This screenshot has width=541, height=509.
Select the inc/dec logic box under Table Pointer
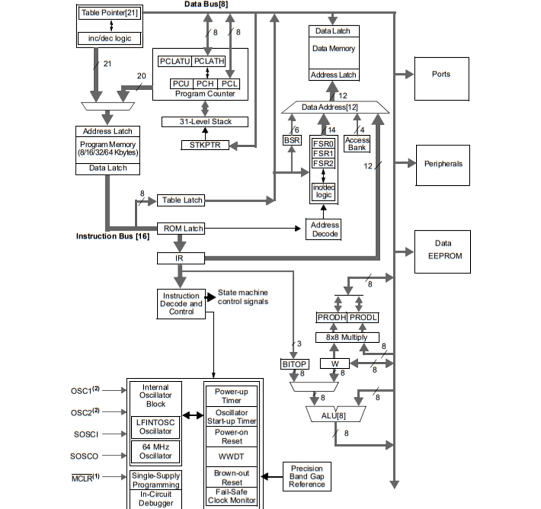(x=109, y=38)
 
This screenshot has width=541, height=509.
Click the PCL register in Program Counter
(x=229, y=84)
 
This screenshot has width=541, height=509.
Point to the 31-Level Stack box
(x=205, y=122)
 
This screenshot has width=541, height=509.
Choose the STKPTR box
(x=204, y=145)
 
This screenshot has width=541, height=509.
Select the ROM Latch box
(x=181, y=228)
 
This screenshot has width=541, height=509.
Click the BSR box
(x=292, y=140)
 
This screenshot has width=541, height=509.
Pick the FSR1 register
(x=323, y=153)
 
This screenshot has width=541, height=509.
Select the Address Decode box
(x=325, y=229)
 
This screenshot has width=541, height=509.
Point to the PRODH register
(x=331, y=318)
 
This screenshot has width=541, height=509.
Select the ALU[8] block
(x=334, y=415)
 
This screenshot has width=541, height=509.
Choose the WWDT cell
(x=231, y=457)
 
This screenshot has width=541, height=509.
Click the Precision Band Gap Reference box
(x=307, y=476)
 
